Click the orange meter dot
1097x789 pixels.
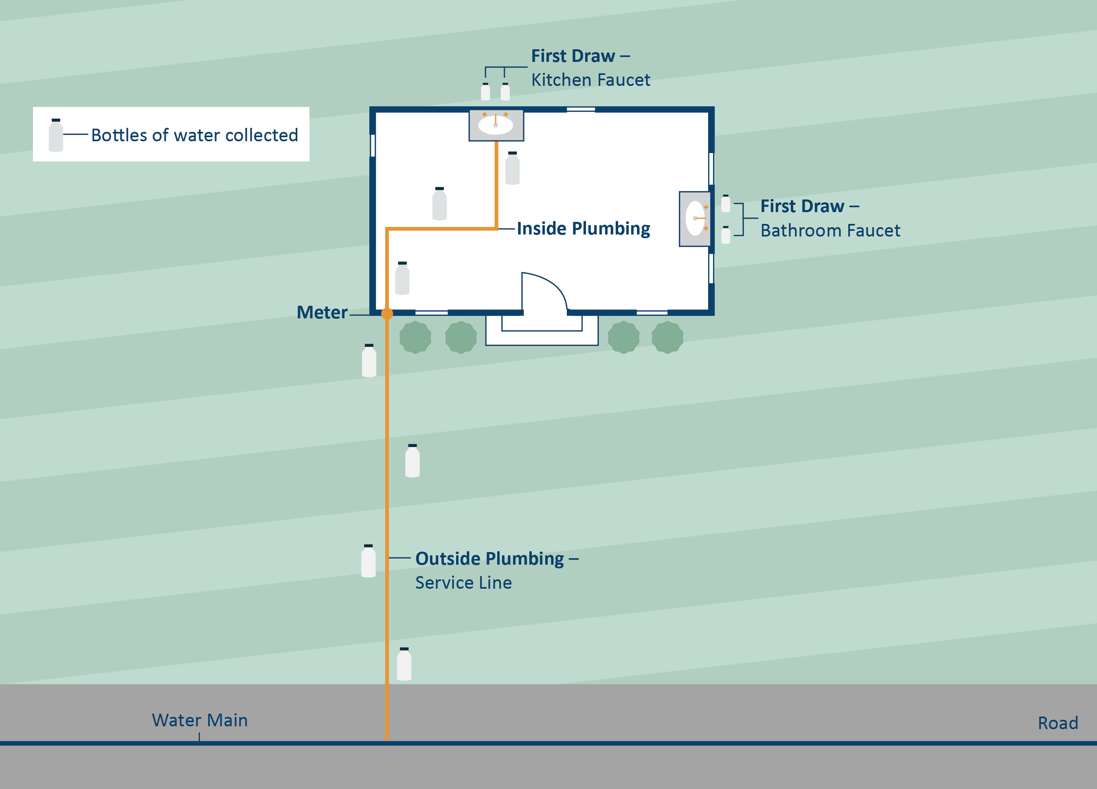(387, 314)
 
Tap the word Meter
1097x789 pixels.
(322, 313)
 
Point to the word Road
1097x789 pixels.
(1058, 723)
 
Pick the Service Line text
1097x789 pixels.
(463, 583)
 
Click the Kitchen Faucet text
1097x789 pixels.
(590, 80)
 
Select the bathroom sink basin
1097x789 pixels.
(695, 219)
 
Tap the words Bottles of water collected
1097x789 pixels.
(195, 135)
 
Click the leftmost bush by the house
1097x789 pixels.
(415, 337)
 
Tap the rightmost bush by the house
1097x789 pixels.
(667, 337)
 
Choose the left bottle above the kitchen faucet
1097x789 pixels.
(485, 92)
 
